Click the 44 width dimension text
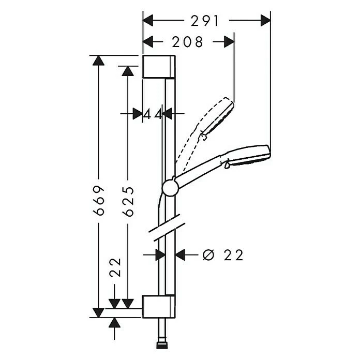click(153, 114)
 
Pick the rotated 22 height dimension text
click(115, 268)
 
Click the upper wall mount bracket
click(159, 66)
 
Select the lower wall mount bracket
click(159, 306)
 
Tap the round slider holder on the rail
click(170, 188)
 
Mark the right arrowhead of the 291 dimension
click(265, 20)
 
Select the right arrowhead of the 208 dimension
click(229, 42)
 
